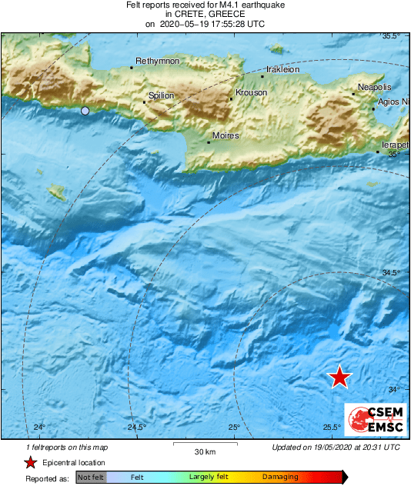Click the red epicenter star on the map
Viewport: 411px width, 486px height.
339,377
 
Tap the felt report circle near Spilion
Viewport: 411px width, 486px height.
85,112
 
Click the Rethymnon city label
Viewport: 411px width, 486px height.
157,61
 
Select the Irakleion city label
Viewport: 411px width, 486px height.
282,68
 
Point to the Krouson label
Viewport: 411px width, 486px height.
251,92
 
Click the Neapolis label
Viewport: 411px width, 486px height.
375,88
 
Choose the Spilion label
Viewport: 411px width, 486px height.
161,95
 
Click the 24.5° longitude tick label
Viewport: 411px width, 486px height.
137,428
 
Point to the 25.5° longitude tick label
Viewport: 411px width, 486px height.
332,428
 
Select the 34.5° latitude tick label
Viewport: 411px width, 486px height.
393,272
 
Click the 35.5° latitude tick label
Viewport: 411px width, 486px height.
393,36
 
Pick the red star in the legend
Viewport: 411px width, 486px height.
30,462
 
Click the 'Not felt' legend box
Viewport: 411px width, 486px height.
92,478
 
